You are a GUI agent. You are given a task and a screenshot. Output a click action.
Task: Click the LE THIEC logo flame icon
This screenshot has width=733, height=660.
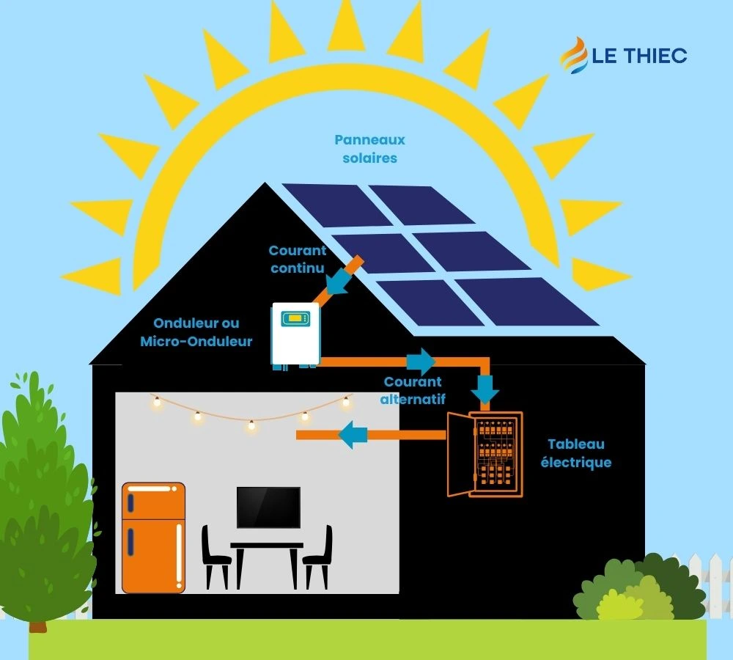[x=574, y=56]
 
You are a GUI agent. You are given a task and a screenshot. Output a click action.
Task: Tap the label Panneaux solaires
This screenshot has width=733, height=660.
[x=369, y=148]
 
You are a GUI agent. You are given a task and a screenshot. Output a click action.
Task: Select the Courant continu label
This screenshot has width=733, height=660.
[x=297, y=260]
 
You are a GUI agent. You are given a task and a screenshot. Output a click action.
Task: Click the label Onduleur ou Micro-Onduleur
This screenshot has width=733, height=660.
[x=196, y=332]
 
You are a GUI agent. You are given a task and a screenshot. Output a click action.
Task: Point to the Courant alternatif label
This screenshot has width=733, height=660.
[x=413, y=391]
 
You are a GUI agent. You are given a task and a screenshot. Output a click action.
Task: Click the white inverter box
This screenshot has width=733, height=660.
[x=295, y=334]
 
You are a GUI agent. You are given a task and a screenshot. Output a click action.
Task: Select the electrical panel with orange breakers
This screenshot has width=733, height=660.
[x=486, y=454]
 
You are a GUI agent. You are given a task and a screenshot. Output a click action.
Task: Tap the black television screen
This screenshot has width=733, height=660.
[x=268, y=507]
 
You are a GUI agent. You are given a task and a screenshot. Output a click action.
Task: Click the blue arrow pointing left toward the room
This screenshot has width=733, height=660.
[x=353, y=435]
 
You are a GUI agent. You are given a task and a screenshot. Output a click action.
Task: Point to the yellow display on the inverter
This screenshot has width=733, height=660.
[x=296, y=318]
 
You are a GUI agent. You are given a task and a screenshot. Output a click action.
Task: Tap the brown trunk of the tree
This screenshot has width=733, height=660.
[x=37, y=624]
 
